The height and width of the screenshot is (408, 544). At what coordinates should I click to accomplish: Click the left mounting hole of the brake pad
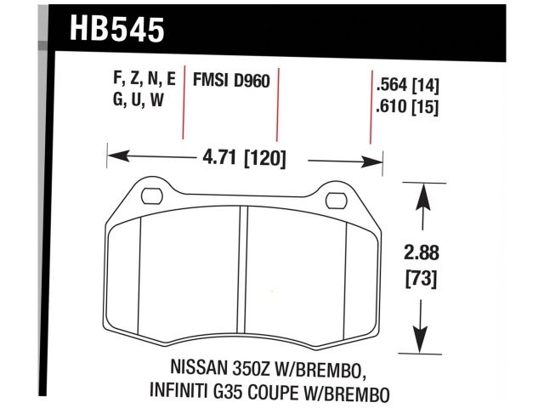tap(151, 198)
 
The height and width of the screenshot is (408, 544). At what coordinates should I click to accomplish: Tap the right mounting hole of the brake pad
tap(337, 200)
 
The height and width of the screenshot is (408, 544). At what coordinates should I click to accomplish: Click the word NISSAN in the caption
tap(182, 371)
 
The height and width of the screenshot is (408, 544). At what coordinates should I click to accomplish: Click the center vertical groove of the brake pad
tap(245, 272)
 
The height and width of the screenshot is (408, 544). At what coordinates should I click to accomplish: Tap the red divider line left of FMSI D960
tap(184, 106)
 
